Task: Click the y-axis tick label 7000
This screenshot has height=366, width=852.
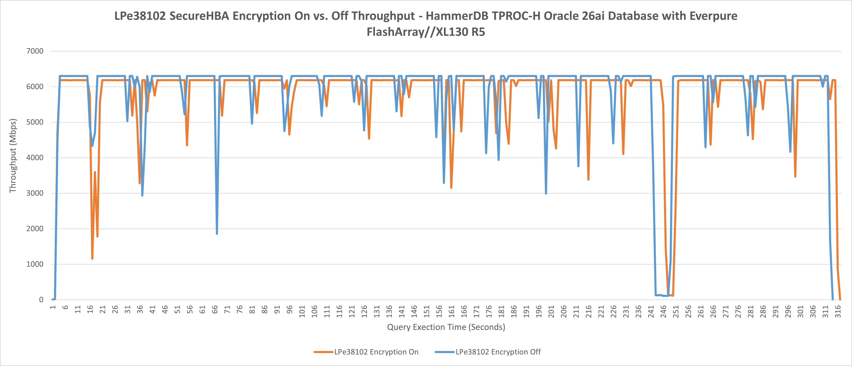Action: click(x=35, y=51)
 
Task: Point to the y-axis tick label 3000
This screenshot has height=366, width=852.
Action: click(x=35, y=193)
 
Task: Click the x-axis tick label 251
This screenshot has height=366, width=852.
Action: click(x=676, y=311)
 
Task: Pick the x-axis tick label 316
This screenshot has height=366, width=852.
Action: click(x=838, y=311)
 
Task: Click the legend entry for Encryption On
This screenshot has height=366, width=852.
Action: click(x=376, y=352)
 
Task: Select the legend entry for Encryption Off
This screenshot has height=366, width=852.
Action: click(x=498, y=352)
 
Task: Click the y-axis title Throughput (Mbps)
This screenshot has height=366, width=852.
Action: click(x=13, y=156)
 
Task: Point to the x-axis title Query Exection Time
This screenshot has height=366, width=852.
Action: click(x=446, y=327)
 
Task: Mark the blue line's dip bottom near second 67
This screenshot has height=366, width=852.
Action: click(x=217, y=234)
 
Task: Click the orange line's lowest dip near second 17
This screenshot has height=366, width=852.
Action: click(x=92, y=259)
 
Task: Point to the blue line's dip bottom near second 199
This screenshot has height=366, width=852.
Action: click(x=546, y=193)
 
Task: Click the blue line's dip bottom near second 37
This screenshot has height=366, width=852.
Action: click(x=142, y=195)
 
